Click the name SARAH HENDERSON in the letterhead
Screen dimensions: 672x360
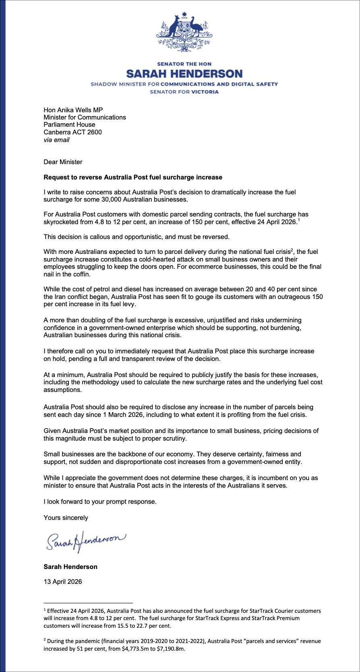pyautogui.click(x=184, y=74)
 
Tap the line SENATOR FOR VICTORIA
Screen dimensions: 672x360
pyautogui.click(x=184, y=92)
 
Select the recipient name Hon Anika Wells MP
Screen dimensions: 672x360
pyautogui.click(x=73, y=110)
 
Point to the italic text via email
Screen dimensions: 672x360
pyautogui.click(x=56, y=140)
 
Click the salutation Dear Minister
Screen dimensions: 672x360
pyautogui.click(x=63, y=162)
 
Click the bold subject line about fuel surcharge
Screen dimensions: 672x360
pyautogui.click(x=133, y=177)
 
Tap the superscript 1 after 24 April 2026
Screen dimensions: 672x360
pyautogui.click(x=298, y=220)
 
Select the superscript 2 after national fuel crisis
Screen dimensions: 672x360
pyautogui.click(x=292, y=250)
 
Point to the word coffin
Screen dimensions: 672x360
pyautogui.click(x=80, y=274)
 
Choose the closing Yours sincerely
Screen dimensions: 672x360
pyautogui.click(x=66, y=517)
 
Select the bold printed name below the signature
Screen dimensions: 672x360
pyautogui.click(x=70, y=567)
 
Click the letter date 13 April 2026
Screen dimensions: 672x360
pyautogui.click(x=63, y=581)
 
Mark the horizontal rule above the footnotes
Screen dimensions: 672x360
pyautogui.click(x=88, y=603)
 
